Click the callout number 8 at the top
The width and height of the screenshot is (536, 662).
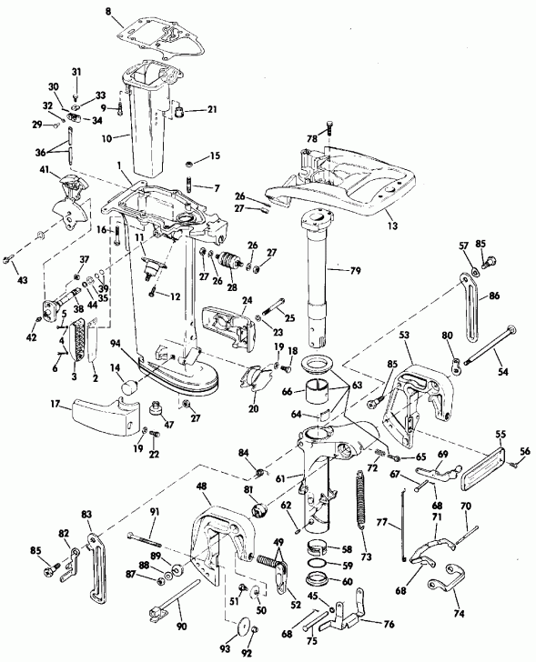[x=108, y=10]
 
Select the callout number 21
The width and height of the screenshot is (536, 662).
[x=211, y=109]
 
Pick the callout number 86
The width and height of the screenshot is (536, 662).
[x=495, y=296]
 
